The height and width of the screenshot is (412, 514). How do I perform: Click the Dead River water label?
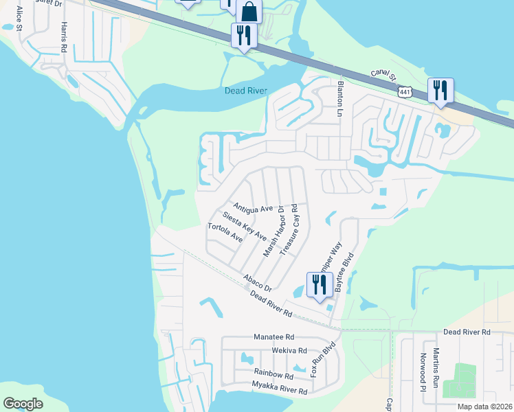[245, 91]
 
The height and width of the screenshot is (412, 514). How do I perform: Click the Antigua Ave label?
[253, 207]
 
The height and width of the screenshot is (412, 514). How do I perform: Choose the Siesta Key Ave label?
[244, 225]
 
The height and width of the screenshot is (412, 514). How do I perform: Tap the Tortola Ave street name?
[225, 233]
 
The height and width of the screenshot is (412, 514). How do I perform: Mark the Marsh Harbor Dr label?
[273, 231]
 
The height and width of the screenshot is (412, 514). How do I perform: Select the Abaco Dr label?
[258, 282]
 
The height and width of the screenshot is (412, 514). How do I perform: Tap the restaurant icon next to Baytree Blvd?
[320, 284]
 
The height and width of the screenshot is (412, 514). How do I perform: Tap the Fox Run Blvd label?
[317, 360]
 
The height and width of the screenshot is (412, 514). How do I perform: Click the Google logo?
[23, 404]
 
